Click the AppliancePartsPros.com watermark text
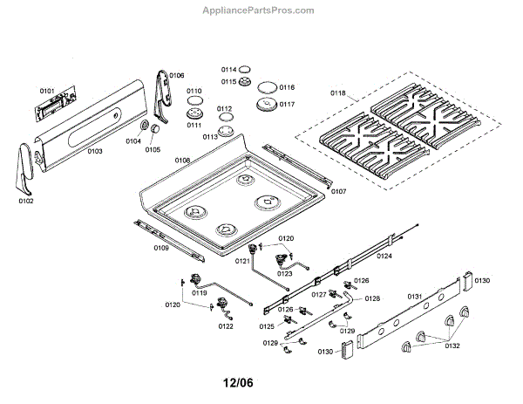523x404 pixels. click(261, 10)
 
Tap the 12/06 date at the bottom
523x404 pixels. click(238, 382)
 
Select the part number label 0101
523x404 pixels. click(46, 91)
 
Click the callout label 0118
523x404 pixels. click(337, 92)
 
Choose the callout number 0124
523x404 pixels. click(384, 256)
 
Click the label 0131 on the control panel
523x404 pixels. click(415, 297)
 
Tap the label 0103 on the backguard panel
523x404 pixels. click(94, 151)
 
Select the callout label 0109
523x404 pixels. click(161, 249)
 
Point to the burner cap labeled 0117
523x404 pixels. click(267, 106)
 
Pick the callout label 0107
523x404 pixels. click(338, 190)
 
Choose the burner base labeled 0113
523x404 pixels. click(228, 132)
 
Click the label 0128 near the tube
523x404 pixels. click(372, 299)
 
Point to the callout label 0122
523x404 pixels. click(226, 326)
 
